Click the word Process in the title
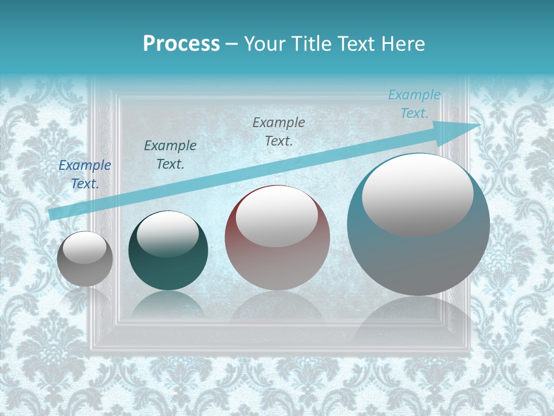(x=181, y=44)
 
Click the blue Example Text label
(x=85, y=174)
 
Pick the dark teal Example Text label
(x=170, y=155)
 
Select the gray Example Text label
(x=279, y=131)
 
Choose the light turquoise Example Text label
(x=414, y=104)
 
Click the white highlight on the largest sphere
(x=417, y=195)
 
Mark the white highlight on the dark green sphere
(x=167, y=233)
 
